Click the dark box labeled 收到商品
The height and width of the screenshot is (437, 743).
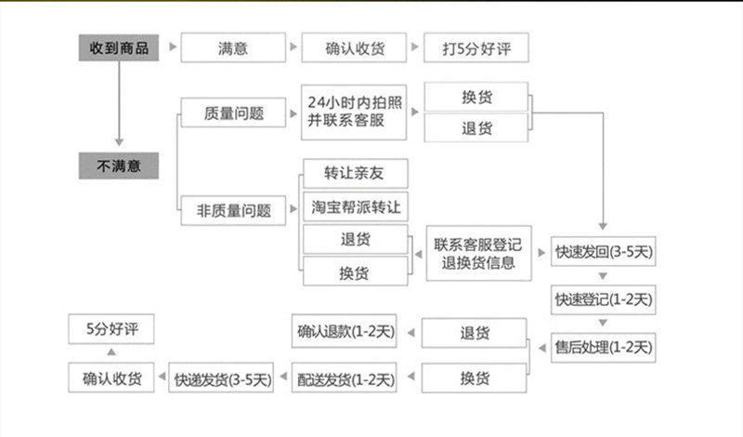[x=118, y=46]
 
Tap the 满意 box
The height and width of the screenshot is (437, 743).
[x=232, y=46]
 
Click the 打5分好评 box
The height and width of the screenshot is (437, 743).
[x=476, y=46]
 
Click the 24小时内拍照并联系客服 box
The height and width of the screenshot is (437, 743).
[x=355, y=113]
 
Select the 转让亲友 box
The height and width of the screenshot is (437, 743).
[x=355, y=173]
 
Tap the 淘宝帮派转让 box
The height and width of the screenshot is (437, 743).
[x=355, y=205]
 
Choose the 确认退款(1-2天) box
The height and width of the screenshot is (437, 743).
[x=345, y=332]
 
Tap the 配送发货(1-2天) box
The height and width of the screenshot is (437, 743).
[x=345, y=378]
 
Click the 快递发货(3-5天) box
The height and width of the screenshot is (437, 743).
[x=219, y=378]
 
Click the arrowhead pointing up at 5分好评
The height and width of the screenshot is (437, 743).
[x=111, y=353]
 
